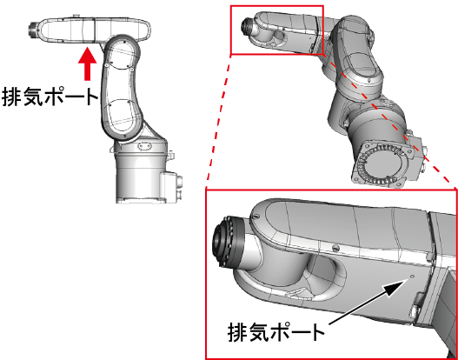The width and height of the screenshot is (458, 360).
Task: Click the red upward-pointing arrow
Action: tap(87, 63)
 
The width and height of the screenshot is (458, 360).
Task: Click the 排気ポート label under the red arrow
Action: tap(50, 97)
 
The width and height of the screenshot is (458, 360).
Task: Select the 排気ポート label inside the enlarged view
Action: tap(276, 332)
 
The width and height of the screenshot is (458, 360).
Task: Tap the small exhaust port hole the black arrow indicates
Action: tap(412, 277)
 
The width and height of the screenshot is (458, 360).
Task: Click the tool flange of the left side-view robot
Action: tap(33, 30)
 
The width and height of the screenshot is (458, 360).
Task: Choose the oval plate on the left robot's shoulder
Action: tap(145, 145)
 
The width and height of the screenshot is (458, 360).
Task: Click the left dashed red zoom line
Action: tap(218, 121)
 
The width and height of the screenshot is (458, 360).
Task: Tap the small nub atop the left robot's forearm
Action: tap(76, 15)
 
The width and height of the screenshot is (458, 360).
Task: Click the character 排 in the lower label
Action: tap(237, 332)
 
